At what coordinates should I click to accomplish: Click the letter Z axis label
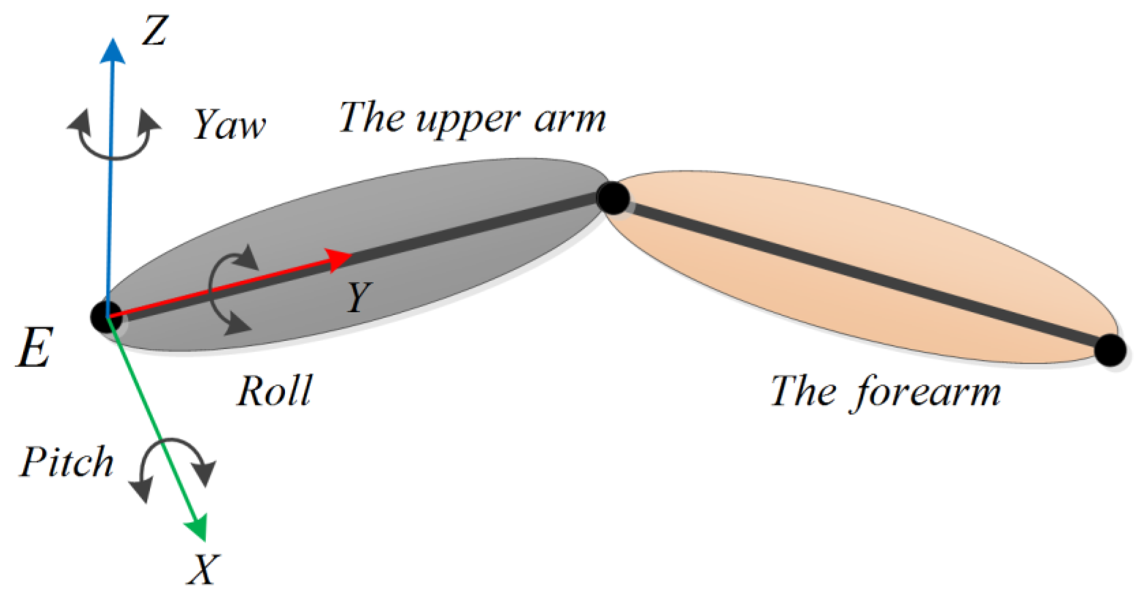tap(155, 30)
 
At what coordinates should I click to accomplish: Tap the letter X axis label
tap(203, 569)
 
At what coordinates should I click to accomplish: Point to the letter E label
tap(35, 348)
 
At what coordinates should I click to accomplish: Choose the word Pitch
tap(66, 462)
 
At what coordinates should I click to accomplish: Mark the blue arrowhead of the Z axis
tap(112, 51)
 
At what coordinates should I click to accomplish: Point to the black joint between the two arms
tap(613, 198)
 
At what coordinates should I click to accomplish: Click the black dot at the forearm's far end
tap(1110, 350)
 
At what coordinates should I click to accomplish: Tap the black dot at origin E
tap(106, 317)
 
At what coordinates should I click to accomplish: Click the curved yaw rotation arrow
tap(114, 136)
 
